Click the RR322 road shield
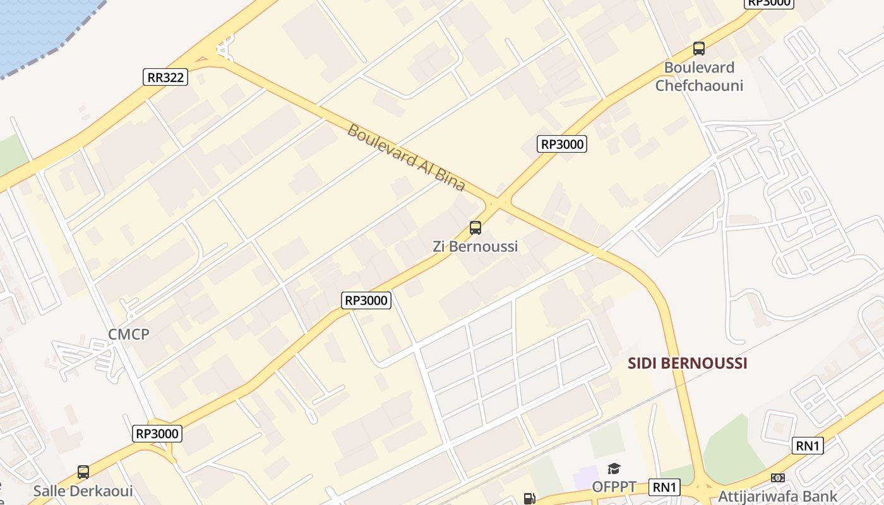coord(165,77)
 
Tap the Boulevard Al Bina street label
coord(406,158)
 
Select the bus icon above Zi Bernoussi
coord(475,228)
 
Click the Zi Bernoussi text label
coord(475,246)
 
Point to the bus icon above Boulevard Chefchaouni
coord(699,48)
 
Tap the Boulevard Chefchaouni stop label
coord(699,76)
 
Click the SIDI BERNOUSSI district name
coord(688,363)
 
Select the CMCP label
coord(129,334)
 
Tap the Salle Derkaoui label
coord(83,490)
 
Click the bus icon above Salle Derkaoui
coord(83,472)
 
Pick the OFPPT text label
coord(614,487)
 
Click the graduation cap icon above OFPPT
coord(614,468)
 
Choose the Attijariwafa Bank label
coord(778,496)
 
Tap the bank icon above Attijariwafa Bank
coord(778,478)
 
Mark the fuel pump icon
coord(529,499)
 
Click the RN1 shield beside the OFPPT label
coord(665,487)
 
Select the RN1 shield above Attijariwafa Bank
coord(808,446)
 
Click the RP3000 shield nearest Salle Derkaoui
coord(158,433)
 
